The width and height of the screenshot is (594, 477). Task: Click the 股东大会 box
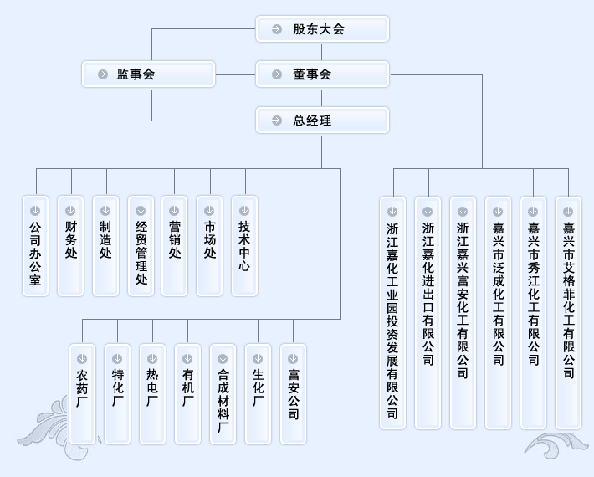(322, 29)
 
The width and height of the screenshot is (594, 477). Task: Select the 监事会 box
(148, 74)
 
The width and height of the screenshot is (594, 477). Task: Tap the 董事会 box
(322, 74)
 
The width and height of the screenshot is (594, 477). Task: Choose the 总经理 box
(322, 121)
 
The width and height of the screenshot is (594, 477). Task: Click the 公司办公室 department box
(35, 246)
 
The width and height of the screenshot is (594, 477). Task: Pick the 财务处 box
(70, 246)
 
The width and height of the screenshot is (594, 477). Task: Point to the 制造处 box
(105, 246)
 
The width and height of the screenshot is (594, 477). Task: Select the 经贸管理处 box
(141, 246)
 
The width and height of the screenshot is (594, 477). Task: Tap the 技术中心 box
(244, 246)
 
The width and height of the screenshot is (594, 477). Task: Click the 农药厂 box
(82, 393)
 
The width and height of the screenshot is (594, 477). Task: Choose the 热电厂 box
(152, 393)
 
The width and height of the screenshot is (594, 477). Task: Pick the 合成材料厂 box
(223, 393)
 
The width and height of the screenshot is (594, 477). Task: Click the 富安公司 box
(293, 393)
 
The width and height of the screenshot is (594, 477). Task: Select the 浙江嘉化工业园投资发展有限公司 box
(392, 313)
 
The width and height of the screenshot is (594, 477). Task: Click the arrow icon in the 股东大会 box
(277, 29)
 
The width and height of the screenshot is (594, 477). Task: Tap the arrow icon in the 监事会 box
(103, 74)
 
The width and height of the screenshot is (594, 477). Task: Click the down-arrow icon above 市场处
(209, 211)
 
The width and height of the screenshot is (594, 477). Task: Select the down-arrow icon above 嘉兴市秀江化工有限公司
(533, 211)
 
